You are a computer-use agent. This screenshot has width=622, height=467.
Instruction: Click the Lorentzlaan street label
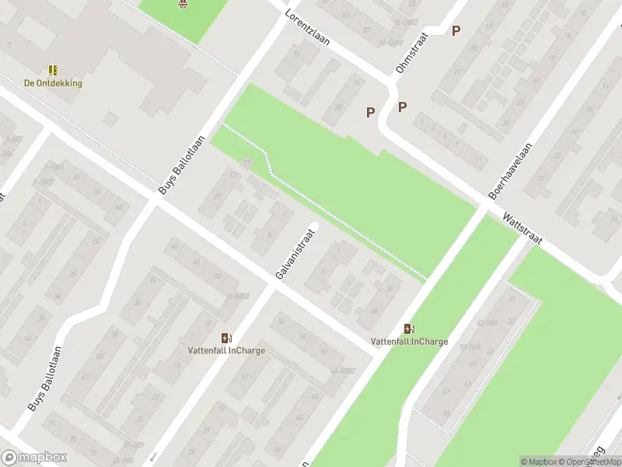(x=307, y=28)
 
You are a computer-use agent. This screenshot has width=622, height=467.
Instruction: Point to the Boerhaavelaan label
(x=509, y=172)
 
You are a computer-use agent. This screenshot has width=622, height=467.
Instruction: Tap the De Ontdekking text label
(x=53, y=83)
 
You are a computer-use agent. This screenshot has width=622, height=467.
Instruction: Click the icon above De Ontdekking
(x=53, y=70)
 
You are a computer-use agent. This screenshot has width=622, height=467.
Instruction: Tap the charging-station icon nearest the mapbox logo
(x=226, y=338)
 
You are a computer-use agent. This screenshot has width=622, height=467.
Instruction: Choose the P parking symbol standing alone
(x=456, y=31)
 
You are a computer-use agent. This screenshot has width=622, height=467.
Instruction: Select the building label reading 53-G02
(x=469, y=347)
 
